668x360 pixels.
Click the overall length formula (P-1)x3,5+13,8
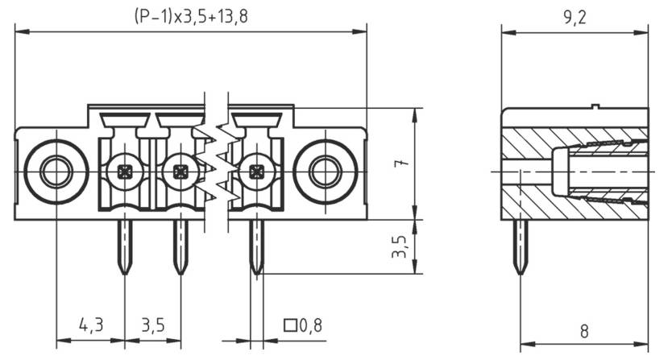(x=190, y=16)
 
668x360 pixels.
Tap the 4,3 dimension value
(x=90, y=325)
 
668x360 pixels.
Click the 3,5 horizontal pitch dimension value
(x=153, y=325)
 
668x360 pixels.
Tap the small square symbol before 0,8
(x=290, y=325)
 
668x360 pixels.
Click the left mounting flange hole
(x=56, y=172)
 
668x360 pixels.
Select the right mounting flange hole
(x=325, y=172)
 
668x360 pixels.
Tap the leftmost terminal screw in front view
(x=125, y=172)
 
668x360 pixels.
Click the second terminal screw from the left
(x=180, y=172)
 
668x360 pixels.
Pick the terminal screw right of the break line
(x=256, y=172)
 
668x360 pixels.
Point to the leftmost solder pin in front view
(x=125, y=246)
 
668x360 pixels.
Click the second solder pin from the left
(x=180, y=246)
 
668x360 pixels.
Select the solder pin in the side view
(x=521, y=246)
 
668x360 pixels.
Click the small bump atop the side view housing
(x=595, y=106)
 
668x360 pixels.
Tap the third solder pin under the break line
(x=256, y=246)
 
